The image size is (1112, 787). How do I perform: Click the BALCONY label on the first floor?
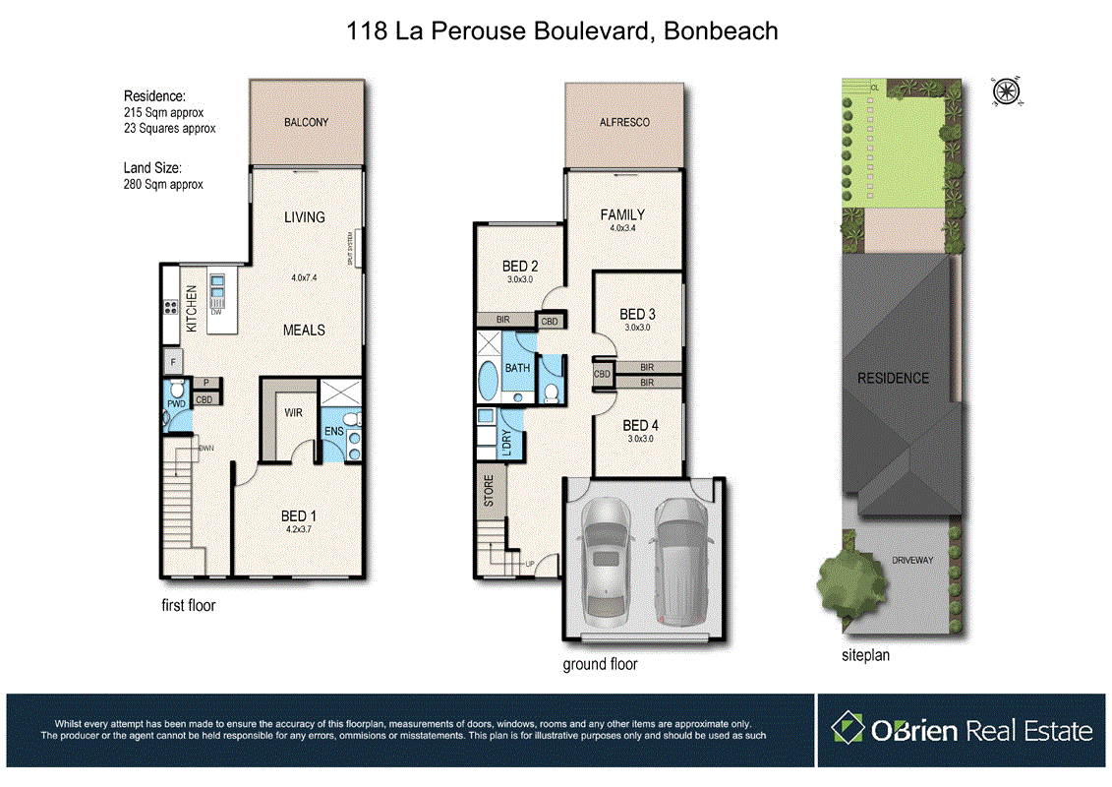pos(306,123)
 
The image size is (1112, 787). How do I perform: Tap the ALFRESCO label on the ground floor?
pos(625,123)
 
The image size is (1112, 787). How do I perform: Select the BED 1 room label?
pos(298,515)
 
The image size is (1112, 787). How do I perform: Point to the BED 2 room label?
pos(520,266)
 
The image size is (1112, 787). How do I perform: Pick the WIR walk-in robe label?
pos(293,413)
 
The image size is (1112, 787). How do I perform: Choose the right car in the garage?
pos(677,561)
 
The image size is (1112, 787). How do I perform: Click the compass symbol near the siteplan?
pos(1006,91)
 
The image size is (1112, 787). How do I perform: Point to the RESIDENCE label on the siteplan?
pos(893,378)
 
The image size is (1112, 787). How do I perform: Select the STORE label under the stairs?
pos(489,493)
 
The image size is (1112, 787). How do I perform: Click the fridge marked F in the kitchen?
pos(172,361)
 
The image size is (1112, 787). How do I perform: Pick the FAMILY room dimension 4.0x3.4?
pos(623,228)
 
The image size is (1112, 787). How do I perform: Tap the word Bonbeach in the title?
pos(721,31)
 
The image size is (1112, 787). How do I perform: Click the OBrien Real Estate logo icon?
pos(847,729)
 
